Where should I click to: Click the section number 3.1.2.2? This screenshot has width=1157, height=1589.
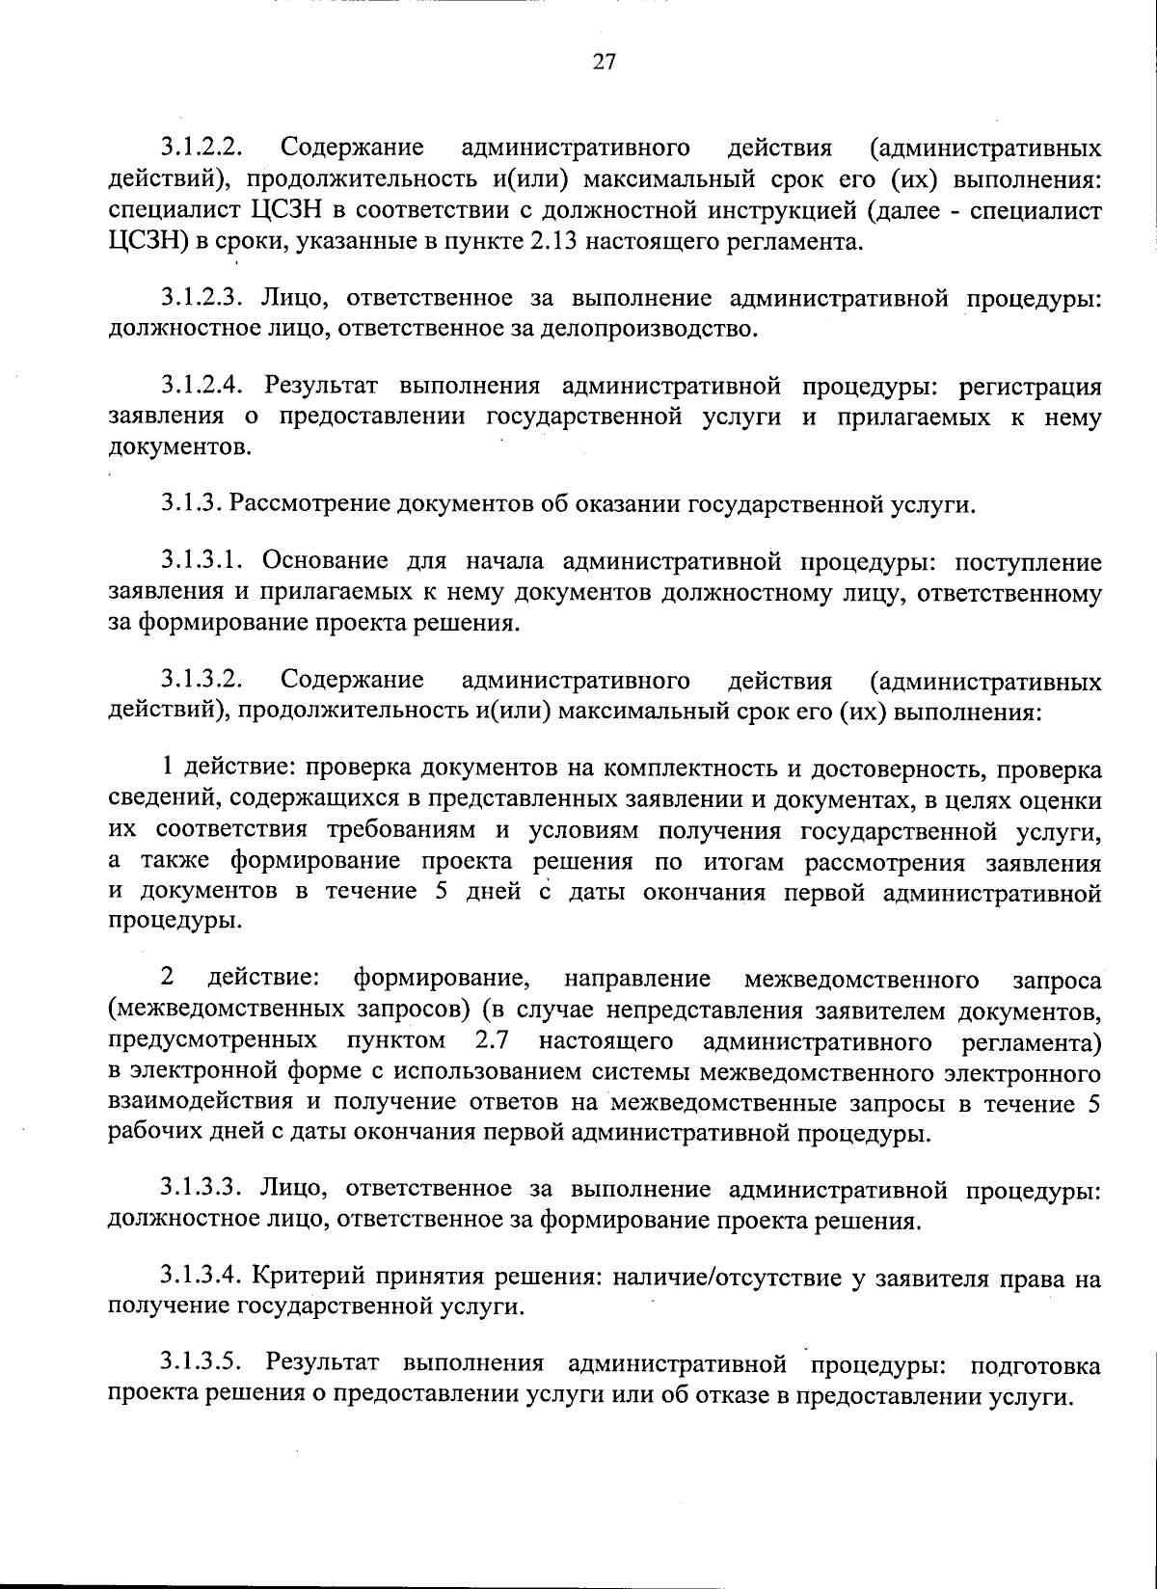[x=201, y=148]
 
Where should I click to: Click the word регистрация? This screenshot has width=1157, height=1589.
[x=1030, y=388]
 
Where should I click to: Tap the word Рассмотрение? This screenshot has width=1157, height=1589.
[x=311, y=503]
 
